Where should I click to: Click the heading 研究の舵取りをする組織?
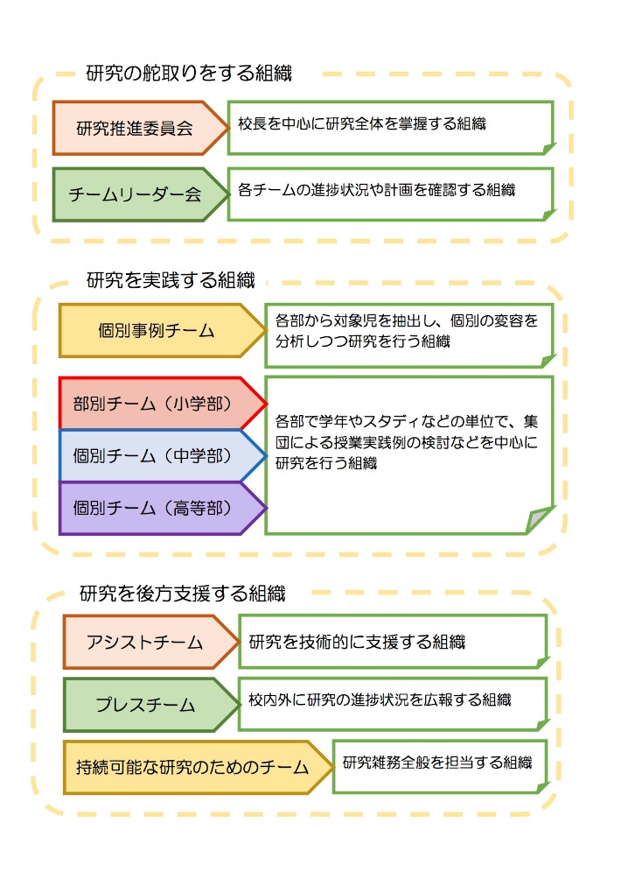(x=189, y=74)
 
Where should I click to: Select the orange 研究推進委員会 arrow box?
(x=140, y=128)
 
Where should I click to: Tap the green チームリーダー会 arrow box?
(x=140, y=194)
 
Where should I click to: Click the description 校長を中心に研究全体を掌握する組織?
(x=362, y=124)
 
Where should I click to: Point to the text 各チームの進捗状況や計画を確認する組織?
(x=376, y=190)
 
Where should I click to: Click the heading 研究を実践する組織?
(x=171, y=280)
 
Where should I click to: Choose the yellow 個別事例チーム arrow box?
(x=163, y=331)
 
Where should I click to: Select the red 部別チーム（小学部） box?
(x=163, y=404)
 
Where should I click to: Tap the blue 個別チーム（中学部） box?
(x=163, y=456)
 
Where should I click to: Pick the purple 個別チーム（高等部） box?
(x=163, y=508)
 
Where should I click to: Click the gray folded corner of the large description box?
(x=538, y=518)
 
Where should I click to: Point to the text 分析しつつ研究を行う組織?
(x=362, y=341)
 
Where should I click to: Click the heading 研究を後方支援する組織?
(x=183, y=593)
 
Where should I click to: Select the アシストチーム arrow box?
(x=151, y=642)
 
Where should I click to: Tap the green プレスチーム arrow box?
(x=151, y=705)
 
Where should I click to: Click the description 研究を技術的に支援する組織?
(x=357, y=642)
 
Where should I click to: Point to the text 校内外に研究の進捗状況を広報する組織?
(x=380, y=700)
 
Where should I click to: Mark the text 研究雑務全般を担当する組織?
(x=437, y=763)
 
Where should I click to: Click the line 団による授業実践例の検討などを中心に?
(x=407, y=442)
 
